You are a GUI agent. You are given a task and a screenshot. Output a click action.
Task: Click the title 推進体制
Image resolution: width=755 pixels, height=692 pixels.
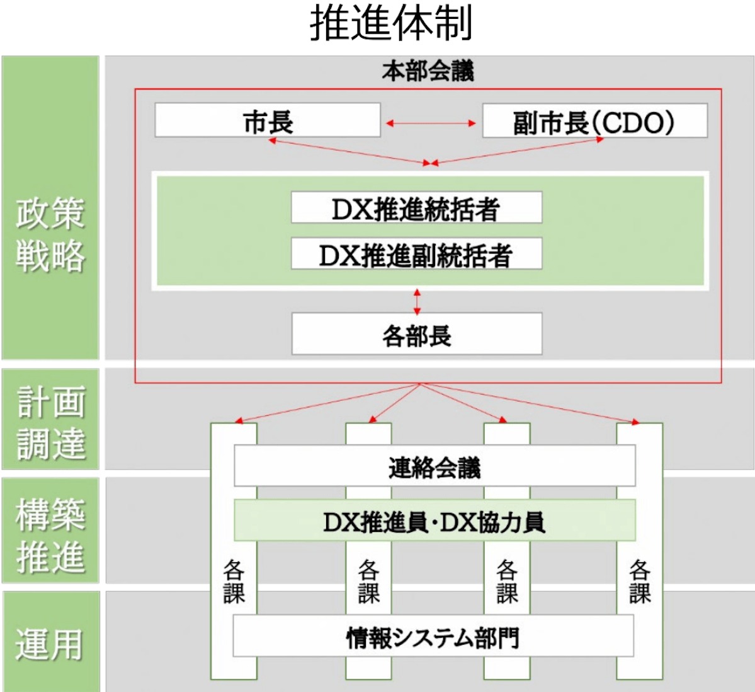coord(391,24)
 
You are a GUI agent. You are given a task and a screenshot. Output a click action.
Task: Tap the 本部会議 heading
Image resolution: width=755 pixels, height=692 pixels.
coord(428,71)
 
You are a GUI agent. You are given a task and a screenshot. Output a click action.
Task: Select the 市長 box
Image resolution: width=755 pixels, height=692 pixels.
coord(268,121)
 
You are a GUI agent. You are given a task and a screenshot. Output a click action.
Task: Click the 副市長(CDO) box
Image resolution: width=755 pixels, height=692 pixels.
coord(594,122)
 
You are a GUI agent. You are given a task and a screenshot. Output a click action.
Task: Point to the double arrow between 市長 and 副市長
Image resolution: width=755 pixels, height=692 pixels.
coord(431,124)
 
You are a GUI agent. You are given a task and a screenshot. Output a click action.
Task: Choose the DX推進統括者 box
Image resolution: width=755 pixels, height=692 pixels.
coord(416,209)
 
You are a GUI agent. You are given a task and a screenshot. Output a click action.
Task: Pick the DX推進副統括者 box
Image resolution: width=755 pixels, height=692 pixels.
coord(416,255)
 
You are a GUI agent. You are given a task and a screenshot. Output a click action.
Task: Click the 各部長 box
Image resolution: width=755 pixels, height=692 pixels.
coord(416,335)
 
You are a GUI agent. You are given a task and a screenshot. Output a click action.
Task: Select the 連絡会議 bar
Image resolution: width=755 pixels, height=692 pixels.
coord(434,467)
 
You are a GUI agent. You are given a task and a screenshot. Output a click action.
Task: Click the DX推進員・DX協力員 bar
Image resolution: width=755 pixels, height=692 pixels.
coord(434,521)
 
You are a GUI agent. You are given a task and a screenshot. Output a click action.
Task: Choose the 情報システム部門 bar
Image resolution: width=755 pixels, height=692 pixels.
coord(433,637)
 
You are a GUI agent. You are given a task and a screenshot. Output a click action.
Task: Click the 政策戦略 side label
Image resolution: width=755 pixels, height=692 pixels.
coord(50,234)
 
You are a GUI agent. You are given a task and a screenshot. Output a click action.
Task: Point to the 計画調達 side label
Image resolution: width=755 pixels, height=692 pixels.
coord(50,422)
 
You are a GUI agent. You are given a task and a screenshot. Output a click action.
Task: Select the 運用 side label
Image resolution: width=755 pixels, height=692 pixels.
coord(50,644)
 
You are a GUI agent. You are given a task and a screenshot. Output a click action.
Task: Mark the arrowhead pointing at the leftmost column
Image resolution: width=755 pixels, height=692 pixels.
coord(237,420)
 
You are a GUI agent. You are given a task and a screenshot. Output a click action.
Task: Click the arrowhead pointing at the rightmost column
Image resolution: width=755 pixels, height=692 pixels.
coord(635,421)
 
